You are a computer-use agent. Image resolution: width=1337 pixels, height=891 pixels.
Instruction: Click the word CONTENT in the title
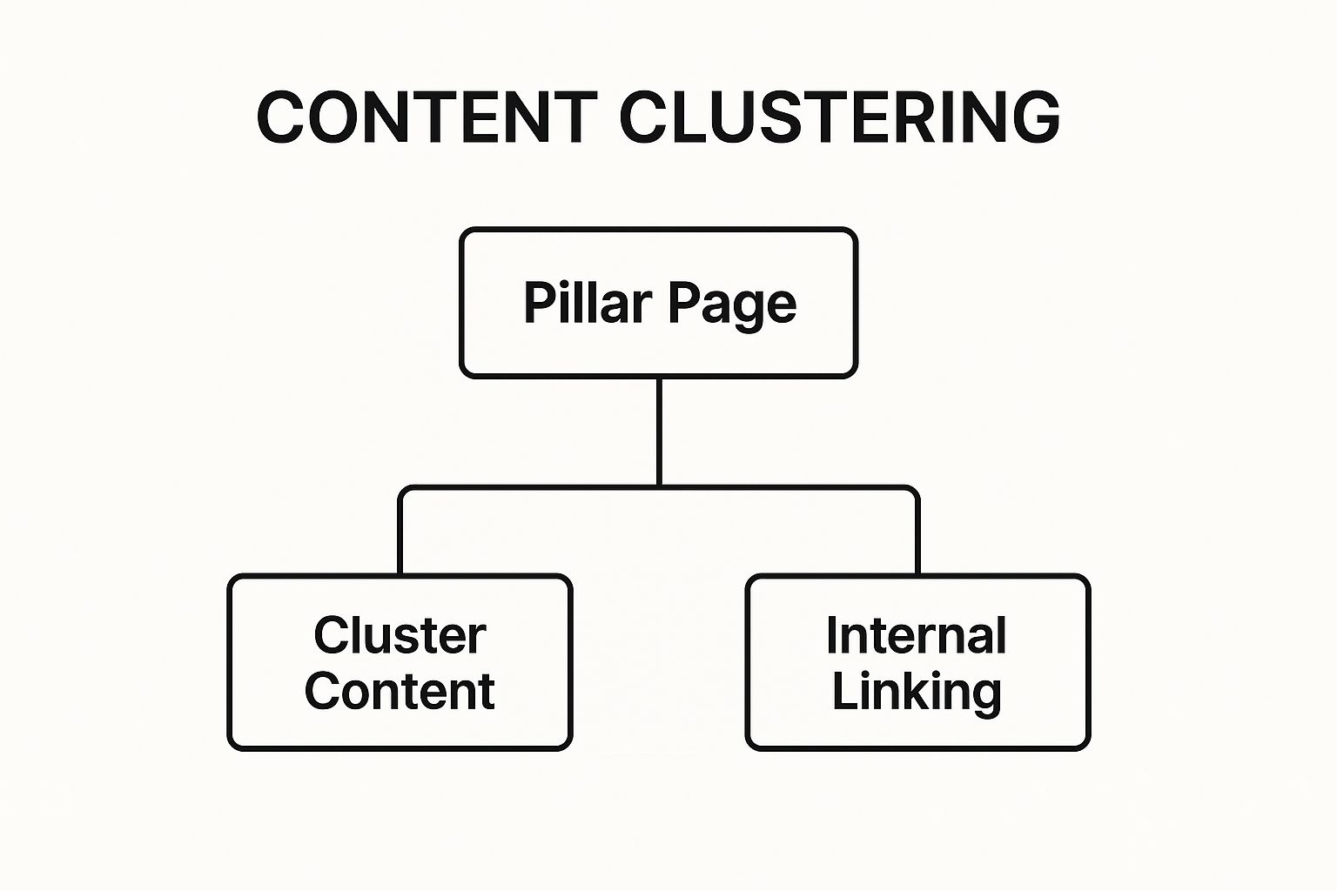(427, 117)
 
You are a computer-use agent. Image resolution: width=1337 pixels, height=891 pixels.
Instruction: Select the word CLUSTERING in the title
(839, 117)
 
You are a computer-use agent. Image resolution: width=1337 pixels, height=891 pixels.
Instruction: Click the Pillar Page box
(659, 348)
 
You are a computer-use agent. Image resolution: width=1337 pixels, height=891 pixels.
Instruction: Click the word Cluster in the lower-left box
(400, 635)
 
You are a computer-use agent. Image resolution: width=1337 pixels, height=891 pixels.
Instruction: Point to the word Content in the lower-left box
(400, 692)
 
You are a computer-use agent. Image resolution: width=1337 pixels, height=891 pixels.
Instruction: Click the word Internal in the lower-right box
(917, 635)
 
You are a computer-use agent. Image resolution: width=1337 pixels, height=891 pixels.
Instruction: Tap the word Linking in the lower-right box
(917, 692)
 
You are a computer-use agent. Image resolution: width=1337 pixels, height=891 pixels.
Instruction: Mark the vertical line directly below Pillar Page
(659, 431)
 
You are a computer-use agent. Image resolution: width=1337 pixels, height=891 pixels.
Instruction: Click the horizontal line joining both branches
(783, 487)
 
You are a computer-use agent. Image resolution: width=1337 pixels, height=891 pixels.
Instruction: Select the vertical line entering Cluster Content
(400, 539)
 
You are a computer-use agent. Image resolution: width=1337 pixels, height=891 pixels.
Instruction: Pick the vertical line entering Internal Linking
(917, 539)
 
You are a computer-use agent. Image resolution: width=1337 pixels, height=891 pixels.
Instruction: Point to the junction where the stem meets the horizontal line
(659, 487)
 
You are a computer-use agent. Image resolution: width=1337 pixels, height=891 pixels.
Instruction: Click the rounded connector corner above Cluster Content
(404, 492)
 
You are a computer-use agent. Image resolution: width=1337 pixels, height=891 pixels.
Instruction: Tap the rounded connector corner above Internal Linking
(913, 492)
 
